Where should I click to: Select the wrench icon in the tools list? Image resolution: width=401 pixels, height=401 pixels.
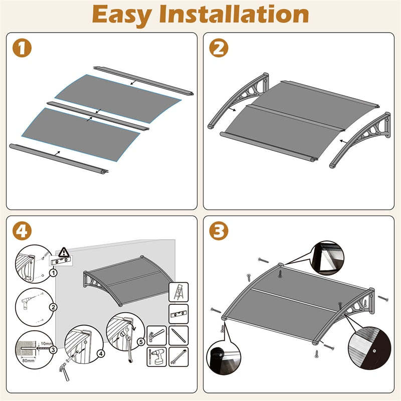click(x=178, y=356)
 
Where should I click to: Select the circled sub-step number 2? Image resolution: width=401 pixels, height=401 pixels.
click(x=53, y=307)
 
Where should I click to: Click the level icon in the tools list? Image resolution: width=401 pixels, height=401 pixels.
click(x=179, y=313)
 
